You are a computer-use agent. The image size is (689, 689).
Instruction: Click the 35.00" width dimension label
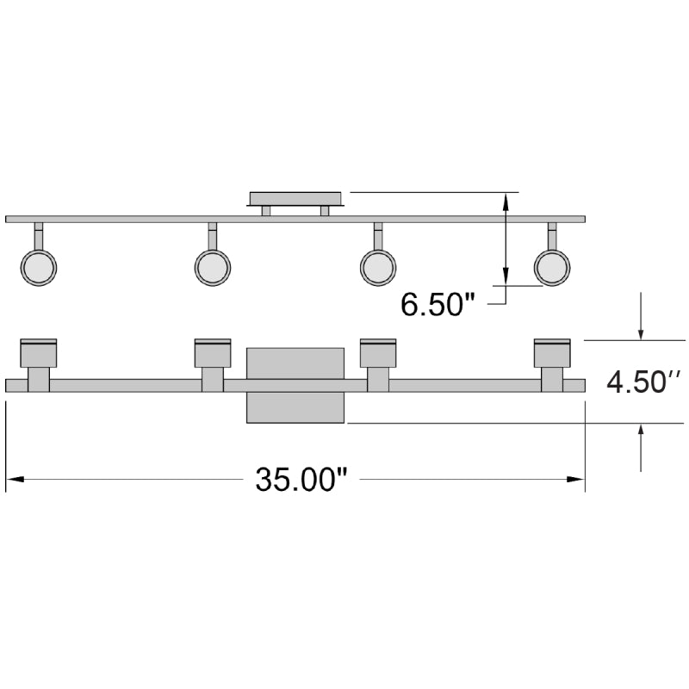[x=301, y=480]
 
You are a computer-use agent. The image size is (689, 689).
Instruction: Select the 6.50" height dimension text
[x=438, y=305]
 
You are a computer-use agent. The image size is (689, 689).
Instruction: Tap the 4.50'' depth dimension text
[x=643, y=381]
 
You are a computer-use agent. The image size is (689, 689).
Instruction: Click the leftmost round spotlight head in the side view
[x=39, y=268]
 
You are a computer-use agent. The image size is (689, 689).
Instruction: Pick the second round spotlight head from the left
[x=213, y=268]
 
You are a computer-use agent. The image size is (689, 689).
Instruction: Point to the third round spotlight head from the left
[x=378, y=268]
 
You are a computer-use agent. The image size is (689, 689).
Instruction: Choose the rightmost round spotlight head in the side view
[x=552, y=268]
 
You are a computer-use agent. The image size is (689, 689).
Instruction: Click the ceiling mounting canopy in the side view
[x=295, y=199]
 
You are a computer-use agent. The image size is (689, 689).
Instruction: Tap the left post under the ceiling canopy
[x=266, y=211]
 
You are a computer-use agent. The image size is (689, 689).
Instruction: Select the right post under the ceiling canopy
[x=325, y=211]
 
